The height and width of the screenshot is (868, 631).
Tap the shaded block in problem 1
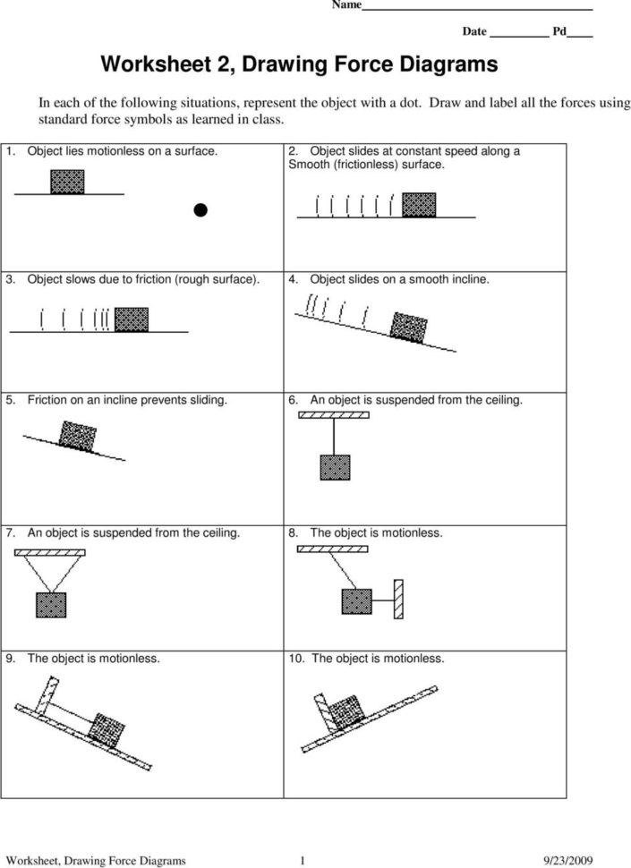coord(68,182)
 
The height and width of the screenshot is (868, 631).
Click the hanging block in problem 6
coord(335,470)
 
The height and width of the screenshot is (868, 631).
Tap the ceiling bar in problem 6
coord(335,419)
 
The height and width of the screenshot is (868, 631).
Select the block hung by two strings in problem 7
coord(50,606)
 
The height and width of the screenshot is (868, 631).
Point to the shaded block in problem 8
coord(356,600)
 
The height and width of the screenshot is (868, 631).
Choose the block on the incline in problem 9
coord(109,728)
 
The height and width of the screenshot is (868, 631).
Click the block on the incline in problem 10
coord(347,712)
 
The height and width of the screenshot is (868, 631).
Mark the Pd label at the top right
coord(559,31)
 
